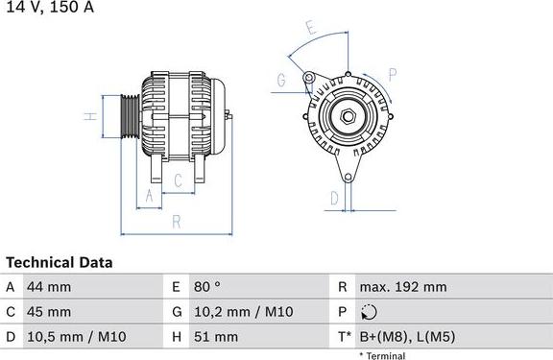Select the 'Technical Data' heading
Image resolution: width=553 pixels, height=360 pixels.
(x=60, y=262)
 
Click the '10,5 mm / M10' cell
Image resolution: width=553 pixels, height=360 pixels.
(x=72, y=337)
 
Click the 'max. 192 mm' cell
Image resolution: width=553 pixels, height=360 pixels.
(x=402, y=287)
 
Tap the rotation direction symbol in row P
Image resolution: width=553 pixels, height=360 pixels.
(x=370, y=312)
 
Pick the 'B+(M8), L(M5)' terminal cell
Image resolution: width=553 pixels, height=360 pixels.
(x=407, y=337)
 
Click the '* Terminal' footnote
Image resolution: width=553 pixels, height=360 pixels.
(x=382, y=355)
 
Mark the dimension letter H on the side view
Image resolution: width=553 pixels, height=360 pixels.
(x=88, y=117)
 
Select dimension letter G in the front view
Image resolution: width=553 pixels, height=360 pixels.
(x=282, y=81)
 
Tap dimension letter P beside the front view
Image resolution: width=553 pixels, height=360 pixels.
(x=393, y=74)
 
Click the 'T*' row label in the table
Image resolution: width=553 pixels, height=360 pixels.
(x=342, y=337)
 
